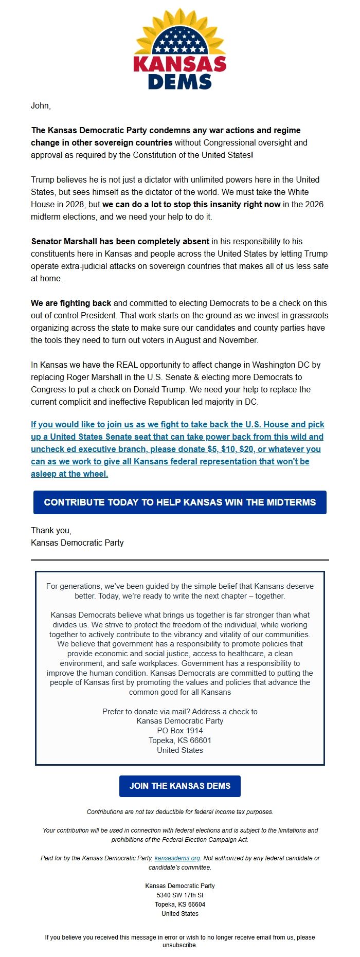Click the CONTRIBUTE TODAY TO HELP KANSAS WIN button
pyautogui.click(x=180, y=502)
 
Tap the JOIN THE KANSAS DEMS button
pyautogui.click(x=180, y=786)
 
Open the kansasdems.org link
pyautogui.click(x=177, y=858)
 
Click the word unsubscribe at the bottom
pyautogui.click(x=179, y=945)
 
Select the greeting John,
pyautogui.click(x=41, y=105)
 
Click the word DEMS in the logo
pyautogui.click(x=180, y=82)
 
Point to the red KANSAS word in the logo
pyautogui.click(x=180, y=64)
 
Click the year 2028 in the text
pyautogui.click(x=77, y=204)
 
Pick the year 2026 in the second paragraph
pyautogui.click(x=314, y=204)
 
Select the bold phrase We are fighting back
pyautogui.click(x=71, y=303)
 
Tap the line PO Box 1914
pyautogui.click(x=180, y=731)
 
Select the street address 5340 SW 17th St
pyautogui.click(x=180, y=895)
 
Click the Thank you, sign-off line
pyautogui.click(x=51, y=530)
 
